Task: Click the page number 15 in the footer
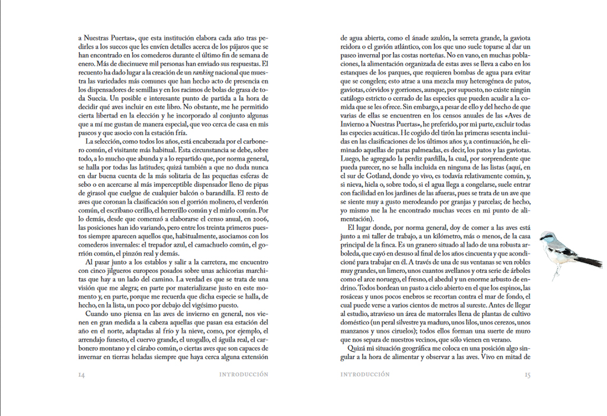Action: (528, 374)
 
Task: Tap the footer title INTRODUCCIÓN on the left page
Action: (244, 374)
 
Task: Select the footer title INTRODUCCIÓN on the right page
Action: (365, 374)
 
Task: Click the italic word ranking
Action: (179, 72)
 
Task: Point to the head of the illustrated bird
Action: (550, 237)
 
